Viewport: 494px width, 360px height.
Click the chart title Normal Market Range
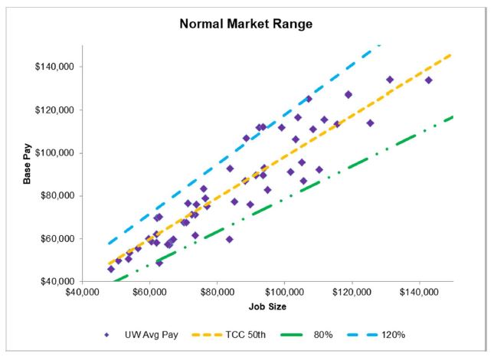coord(247,25)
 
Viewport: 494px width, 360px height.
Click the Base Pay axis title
coord(28,164)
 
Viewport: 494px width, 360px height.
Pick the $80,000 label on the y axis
coord(59,195)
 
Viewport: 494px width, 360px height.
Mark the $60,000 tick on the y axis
coord(59,238)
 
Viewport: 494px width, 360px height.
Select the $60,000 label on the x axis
coord(149,293)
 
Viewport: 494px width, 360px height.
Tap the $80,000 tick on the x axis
coord(217,293)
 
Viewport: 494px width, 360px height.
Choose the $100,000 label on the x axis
coord(284,293)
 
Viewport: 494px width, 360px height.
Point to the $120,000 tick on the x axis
coord(352,293)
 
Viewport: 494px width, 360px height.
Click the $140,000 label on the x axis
coord(420,293)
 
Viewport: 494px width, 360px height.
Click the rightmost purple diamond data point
coord(429,80)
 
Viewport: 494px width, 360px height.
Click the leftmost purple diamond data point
coord(111,269)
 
